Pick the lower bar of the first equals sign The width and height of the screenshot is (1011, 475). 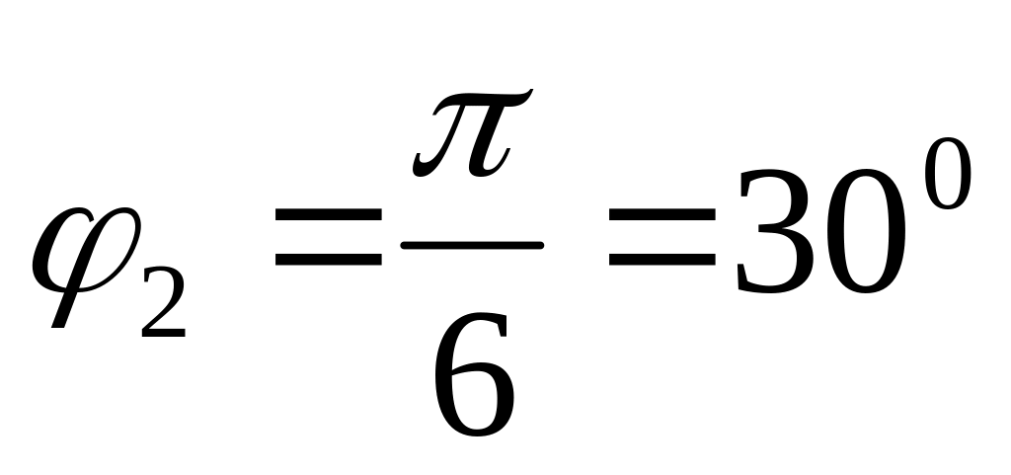click(x=328, y=263)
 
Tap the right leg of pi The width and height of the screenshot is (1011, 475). click(x=492, y=148)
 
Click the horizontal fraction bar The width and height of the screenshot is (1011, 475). click(x=472, y=243)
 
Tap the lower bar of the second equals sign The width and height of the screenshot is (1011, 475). click(x=661, y=263)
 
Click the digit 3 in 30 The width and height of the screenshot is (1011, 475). click(x=775, y=232)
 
